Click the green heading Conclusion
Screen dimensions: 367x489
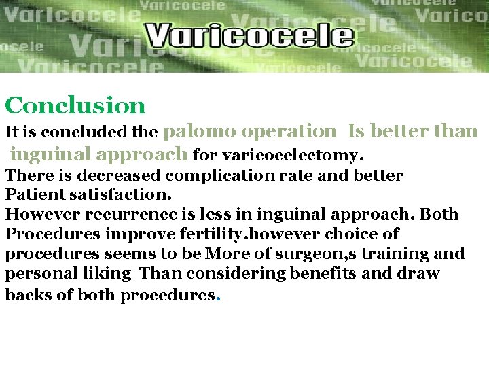pos(75,105)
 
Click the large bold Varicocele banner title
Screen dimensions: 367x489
pos(249,35)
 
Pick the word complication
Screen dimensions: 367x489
pos(217,175)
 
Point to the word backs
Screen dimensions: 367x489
pos(24,295)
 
